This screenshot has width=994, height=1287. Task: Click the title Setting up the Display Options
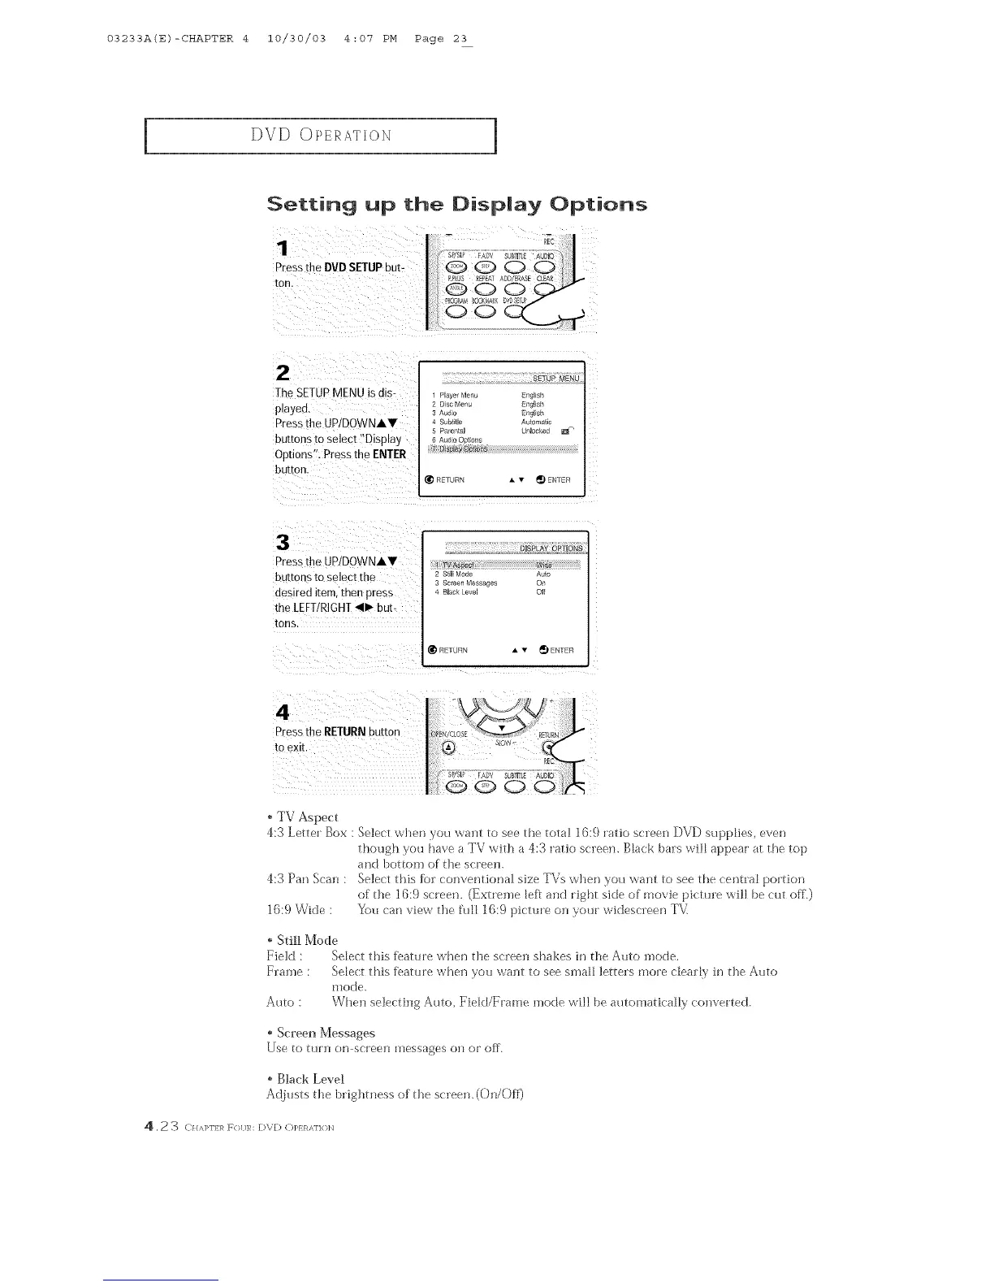pyautogui.click(x=456, y=203)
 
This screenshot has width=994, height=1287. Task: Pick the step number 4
pyautogui.click(x=283, y=713)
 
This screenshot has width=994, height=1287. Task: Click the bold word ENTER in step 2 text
pyautogui.click(x=388, y=454)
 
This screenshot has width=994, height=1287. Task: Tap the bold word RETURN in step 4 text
pyautogui.click(x=340, y=731)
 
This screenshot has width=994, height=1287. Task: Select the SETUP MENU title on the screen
pyautogui.click(x=555, y=379)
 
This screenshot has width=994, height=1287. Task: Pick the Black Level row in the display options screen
pyautogui.click(x=460, y=591)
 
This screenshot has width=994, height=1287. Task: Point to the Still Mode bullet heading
pyautogui.click(x=302, y=940)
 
